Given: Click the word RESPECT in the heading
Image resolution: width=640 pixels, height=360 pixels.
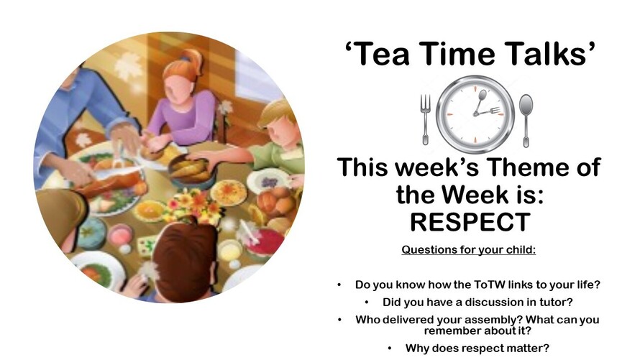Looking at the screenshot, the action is pos(470,222).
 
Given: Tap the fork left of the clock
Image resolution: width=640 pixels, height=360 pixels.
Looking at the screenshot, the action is pos(425,119).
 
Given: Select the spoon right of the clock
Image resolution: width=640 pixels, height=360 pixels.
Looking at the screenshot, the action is pos(526,120).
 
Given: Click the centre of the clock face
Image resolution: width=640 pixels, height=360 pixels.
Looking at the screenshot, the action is pos(475,114).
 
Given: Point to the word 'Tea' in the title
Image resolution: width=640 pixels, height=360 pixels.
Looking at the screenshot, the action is pos(383,54).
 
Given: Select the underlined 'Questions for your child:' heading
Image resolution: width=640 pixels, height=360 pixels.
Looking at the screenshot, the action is pos(469,249).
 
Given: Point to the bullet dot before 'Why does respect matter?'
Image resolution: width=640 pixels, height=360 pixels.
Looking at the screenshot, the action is pos(390,349).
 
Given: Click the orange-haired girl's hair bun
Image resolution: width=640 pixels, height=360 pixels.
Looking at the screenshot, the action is pos(193,60).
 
